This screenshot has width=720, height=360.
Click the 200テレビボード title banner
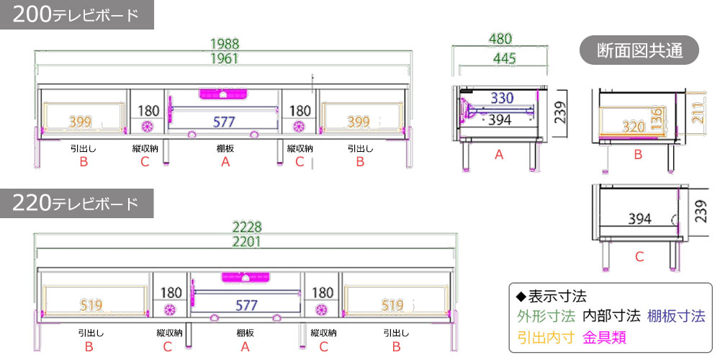coord(76,15)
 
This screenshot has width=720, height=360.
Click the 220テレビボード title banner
coord(76,204)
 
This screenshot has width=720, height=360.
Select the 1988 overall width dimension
coord(225,44)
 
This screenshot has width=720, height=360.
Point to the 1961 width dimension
coord(225,59)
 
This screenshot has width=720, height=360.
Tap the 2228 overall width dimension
coord(246,227)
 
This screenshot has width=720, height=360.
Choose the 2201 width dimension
coord(246,242)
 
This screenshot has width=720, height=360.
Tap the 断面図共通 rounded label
coord(639,50)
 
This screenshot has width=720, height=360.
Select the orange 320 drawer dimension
coord(634,127)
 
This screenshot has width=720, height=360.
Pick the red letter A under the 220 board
coord(245,347)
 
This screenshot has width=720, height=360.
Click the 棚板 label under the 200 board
coord(225,149)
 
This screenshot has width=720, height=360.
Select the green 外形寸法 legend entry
coord(546,315)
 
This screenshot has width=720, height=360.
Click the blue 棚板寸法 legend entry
coord(676,315)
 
